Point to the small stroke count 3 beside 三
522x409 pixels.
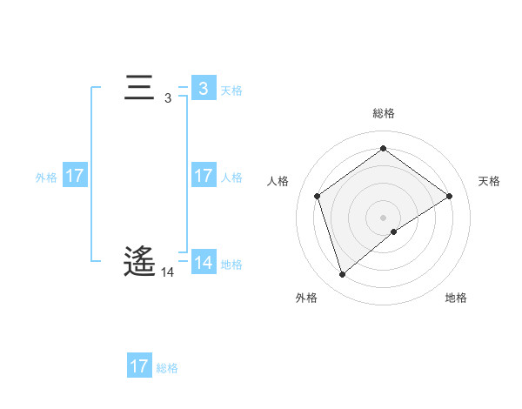pos(168,98)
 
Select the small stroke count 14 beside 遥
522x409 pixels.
pos(168,272)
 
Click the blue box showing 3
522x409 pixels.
pos(203,89)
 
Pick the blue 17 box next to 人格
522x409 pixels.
pos(203,176)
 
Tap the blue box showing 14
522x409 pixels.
pos(203,263)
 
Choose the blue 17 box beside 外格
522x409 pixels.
pos(74,176)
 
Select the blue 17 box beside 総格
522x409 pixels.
pos(139,366)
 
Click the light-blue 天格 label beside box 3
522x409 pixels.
pos(231,90)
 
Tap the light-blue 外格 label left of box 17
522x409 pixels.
pos(46,177)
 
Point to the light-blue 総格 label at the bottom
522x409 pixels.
pos(167,367)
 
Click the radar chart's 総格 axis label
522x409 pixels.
pos(383,113)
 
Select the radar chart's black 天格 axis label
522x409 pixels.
pos(489,181)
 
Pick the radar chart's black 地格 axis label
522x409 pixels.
pos(456,298)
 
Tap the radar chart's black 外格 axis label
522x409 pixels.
pos(306,298)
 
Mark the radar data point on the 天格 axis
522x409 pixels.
pos(449,196)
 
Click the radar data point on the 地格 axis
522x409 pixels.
pos(394,231)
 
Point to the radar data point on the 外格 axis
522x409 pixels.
pos(342,275)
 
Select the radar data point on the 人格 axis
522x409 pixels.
pos(317,196)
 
